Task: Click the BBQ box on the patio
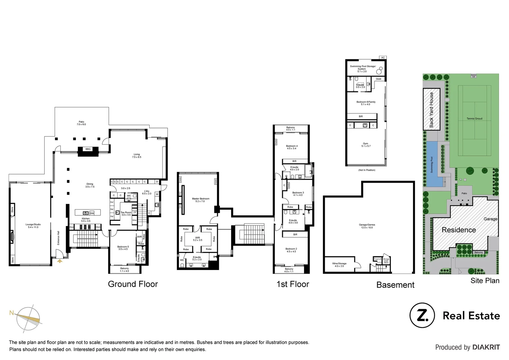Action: [88, 149]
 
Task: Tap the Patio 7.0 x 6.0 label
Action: [81, 123]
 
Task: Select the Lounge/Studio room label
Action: [33, 226]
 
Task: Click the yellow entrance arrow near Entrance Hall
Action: [60, 261]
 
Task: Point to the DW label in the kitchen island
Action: [92, 213]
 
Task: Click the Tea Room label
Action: [126, 213]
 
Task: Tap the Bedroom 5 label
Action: [123, 248]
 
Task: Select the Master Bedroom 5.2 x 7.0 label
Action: [201, 200]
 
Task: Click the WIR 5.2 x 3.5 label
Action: [198, 239]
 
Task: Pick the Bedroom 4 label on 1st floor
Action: [291, 147]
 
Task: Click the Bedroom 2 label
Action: [291, 250]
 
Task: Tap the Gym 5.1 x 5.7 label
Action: [366, 145]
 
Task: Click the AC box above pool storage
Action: [383, 58]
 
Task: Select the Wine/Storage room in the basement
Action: [339, 265]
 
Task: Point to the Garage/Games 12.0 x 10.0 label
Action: [367, 226]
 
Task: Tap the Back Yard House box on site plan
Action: [431, 109]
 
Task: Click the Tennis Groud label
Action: [474, 119]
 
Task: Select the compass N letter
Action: [11, 313]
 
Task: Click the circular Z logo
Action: [422, 315]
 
